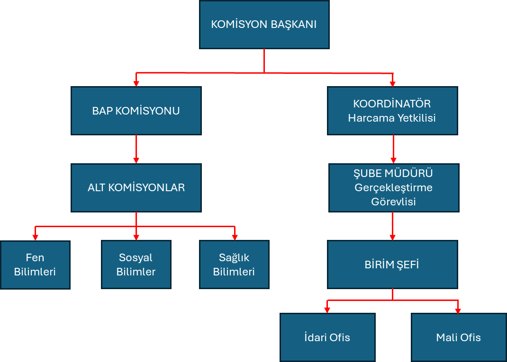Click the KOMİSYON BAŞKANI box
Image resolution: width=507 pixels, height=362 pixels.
[x=264, y=25]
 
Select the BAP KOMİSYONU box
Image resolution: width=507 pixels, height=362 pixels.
[x=136, y=111]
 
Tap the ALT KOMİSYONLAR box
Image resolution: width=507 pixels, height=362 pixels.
[x=136, y=187]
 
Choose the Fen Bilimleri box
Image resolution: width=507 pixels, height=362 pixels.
[x=35, y=265]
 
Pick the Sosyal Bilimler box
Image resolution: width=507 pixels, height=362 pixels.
[x=136, y=265]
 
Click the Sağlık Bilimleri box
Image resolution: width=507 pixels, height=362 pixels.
[x=234, y=265]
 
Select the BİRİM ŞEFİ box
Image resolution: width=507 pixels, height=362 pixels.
[x=392, y=265]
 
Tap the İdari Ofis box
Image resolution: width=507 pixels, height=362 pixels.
[x=327, y=337]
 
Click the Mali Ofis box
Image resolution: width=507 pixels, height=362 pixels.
[x=458, y=337]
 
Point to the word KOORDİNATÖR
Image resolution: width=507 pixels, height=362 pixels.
[x=392, y=104]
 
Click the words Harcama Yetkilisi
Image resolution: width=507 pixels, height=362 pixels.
[x=392, y=118]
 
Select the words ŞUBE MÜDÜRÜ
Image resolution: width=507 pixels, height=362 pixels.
[x=394, y=173]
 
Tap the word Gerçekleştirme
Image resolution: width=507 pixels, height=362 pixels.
[x=394, y=187]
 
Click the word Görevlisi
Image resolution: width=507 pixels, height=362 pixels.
[x=394, y=202]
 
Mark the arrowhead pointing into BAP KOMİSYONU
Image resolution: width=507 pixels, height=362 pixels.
[x=136, y=83]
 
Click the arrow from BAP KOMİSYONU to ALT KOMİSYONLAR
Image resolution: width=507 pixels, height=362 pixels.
[x=136, y=149]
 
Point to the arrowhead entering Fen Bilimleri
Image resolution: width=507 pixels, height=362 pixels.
[x=35, y=237]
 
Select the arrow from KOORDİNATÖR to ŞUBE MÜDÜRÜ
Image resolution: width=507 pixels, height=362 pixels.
[x=393, y=149]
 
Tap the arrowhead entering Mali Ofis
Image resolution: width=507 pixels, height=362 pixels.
[x=458, y=310]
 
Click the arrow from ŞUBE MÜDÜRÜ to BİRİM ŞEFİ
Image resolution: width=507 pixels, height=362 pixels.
[x=393, y=226]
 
